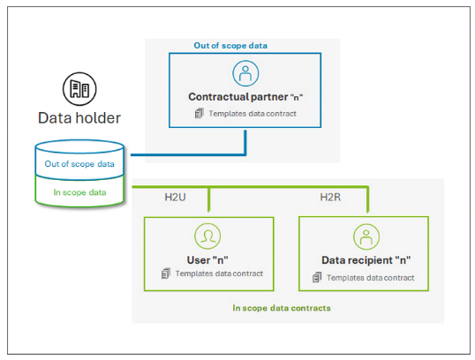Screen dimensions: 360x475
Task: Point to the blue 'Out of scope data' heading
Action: click(230, 45)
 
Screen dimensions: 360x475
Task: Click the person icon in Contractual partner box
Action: click(243, 73)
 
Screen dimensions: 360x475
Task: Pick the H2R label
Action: click(330, 196)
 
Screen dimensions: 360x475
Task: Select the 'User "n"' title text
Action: click(207, 259)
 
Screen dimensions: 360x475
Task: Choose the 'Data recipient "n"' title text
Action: click(365, 261)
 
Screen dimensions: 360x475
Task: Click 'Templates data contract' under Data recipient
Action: click(370, 277)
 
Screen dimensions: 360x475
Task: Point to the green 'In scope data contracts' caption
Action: click(282, 309)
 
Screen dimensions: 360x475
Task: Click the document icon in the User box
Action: click(165, 274)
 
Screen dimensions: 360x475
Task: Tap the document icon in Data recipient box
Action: click(317, 277)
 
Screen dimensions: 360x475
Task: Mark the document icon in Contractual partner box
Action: click(199, 114)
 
